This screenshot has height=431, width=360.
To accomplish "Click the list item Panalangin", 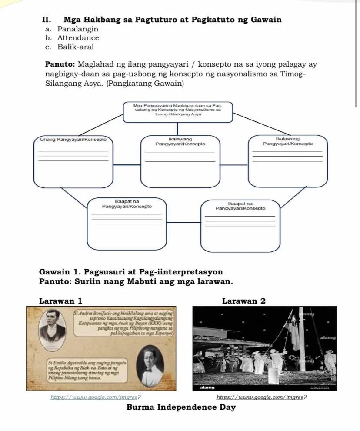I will (x=77, y=29).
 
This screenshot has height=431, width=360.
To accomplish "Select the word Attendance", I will (x=78, y=38).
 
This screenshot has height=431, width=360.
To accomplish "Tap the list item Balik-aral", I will (x=75, y=47).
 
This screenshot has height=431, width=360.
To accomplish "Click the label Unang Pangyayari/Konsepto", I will (x=73, y=140).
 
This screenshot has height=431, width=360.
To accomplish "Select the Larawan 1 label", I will (x=60, y=301).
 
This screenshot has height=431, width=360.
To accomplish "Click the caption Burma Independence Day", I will (x=181, y=408).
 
